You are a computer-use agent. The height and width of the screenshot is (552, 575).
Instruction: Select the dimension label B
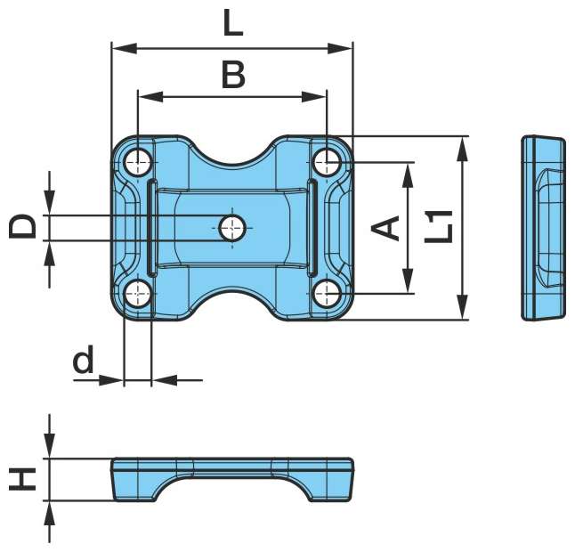232,75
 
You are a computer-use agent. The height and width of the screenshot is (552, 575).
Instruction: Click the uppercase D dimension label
24,226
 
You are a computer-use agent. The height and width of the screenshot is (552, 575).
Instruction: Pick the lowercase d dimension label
83,361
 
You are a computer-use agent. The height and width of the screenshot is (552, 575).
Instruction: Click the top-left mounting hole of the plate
137,162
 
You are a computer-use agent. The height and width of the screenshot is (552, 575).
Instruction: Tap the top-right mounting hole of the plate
328,162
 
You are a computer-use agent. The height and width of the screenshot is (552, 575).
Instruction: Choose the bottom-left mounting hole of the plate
137,292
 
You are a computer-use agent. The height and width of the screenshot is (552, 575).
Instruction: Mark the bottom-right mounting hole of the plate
328,292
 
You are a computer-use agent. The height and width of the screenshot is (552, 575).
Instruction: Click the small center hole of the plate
232,227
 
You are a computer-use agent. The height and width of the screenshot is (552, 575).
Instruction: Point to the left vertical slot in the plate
152,227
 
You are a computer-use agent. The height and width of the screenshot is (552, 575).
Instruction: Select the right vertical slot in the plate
312,227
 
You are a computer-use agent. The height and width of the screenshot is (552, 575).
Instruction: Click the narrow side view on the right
542,227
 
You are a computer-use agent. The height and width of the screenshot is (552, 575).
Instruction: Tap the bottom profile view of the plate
232,478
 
